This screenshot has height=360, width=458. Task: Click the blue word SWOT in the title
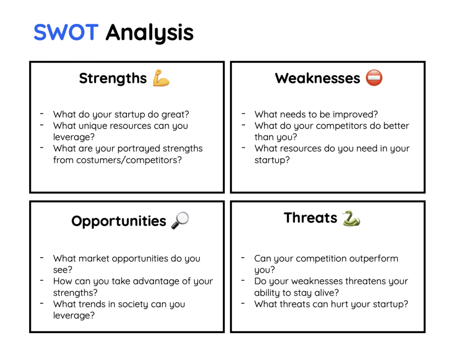click(66, 32)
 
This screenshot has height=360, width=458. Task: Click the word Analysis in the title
click(149, 33)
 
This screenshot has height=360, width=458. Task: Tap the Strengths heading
click(113, 78)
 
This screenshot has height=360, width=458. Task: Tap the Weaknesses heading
click(317, 78)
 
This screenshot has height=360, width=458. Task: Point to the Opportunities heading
click(119, 221)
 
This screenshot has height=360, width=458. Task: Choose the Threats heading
click(310, 218)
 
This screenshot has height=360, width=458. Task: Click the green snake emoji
click(351, 218)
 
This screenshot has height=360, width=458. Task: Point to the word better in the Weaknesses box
click(396, 126)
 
